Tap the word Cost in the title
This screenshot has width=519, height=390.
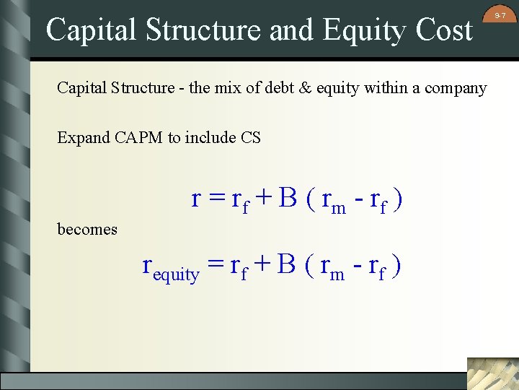pos(445,30)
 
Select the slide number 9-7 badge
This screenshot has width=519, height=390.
pos(500,15)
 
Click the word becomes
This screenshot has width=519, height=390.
pos(87,230)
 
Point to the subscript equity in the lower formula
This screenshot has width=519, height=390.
pos(177,274)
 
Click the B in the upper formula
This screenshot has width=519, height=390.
pos(287,198)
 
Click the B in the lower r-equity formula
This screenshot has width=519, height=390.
pos(287,266)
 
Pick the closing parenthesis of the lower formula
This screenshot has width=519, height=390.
pos(396,266)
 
